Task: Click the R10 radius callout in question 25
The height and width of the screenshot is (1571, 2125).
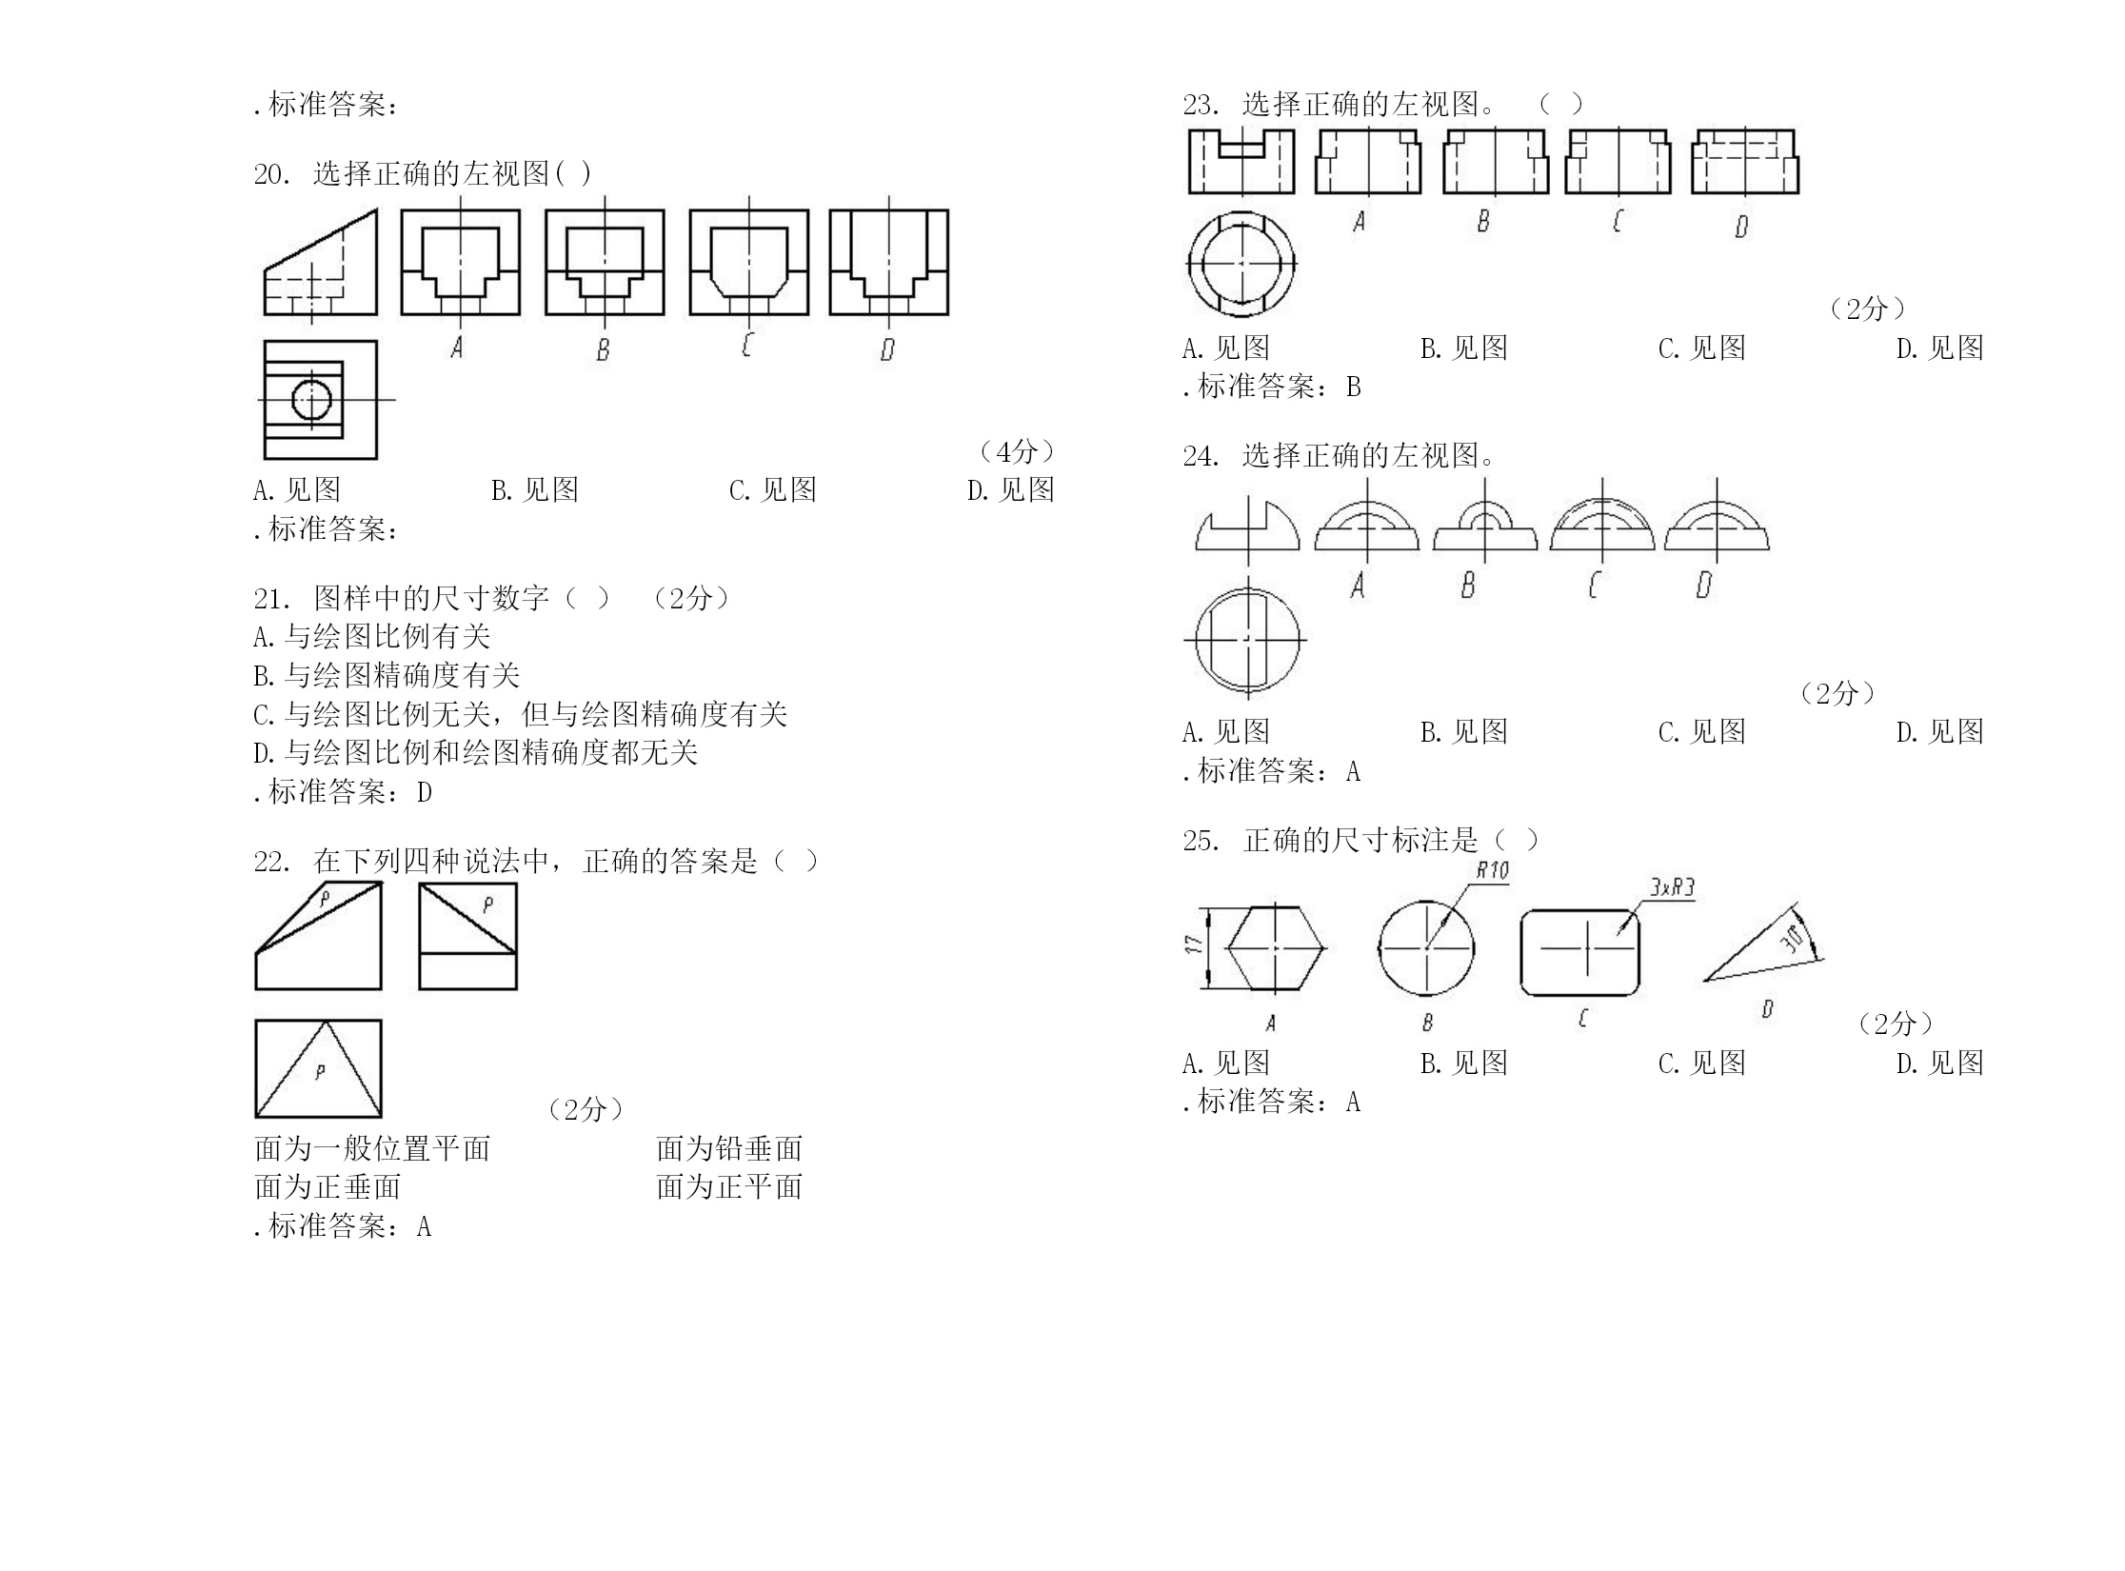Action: tap(1492, 870)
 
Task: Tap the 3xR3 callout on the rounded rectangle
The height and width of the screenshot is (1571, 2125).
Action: tap(1673, 887)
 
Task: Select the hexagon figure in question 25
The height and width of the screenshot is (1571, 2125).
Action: tap(1275, 948)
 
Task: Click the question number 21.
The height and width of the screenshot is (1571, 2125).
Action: tap(271, 599)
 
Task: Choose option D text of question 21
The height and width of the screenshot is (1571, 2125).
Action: tap(475, 753)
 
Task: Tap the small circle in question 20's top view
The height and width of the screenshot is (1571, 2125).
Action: tap(311, 401)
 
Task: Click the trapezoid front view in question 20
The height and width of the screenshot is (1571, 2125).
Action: tap(321, 262)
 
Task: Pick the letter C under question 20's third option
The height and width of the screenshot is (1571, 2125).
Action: tap(746, 344)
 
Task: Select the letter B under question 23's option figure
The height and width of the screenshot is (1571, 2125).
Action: tap(1482, 222)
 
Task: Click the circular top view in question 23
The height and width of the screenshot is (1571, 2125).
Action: tap(1241, 264)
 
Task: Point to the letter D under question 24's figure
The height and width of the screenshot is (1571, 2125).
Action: tap(1703, 585)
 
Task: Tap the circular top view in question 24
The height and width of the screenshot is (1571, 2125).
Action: tap(1247, 640)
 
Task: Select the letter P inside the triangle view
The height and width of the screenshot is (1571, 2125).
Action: tap(320, 1071)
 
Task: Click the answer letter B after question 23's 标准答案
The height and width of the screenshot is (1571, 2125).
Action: tap(1353, 388)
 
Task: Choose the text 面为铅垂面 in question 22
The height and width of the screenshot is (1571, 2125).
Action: tap(729, 1148)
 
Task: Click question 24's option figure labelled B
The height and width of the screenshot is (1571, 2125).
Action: tap(1485, 527)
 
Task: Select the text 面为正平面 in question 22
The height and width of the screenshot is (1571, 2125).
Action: tap(729, 1187)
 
